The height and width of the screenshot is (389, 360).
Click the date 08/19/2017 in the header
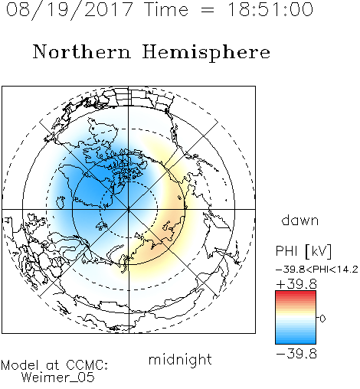69,10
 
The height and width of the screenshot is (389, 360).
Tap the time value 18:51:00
270,9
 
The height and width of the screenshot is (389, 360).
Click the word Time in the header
166,9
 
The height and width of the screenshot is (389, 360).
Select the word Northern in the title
81,51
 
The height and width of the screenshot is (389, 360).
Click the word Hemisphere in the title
206,53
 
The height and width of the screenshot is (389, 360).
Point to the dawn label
300,220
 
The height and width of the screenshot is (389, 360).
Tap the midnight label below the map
180,359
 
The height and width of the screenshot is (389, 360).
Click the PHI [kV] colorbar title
303,251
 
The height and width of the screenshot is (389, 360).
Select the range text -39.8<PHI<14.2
317,270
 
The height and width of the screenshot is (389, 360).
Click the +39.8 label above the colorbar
296,284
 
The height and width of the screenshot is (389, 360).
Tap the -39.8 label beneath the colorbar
296,354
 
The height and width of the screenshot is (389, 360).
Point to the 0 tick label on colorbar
322,319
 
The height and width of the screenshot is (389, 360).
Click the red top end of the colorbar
296,293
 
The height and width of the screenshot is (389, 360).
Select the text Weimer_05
57,378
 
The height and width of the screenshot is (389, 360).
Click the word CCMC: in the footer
87,365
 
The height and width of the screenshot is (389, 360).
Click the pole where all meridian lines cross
129,209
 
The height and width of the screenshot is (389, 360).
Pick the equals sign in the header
208,10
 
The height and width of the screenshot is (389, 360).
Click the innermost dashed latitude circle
129,181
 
